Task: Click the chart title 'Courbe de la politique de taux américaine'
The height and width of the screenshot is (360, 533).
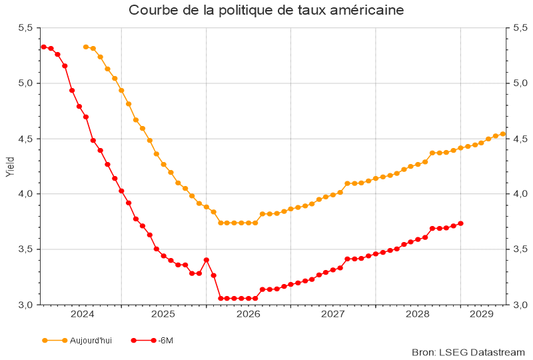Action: coord(266,11)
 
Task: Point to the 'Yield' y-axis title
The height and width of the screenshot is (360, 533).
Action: coord(9,166)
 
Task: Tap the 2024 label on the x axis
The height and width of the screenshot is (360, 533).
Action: coord(82,314)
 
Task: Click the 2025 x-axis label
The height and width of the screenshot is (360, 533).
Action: coord(163,314)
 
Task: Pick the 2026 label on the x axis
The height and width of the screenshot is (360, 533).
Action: coord(248,314)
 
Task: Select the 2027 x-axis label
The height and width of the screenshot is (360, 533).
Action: coord(332,314)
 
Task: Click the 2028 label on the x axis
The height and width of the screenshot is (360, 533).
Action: coord(418,314)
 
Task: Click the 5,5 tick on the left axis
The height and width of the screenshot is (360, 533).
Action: coord(25,28)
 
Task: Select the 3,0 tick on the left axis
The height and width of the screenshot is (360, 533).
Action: coord(25,305)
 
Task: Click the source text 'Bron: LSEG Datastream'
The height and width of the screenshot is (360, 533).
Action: coord(468,351)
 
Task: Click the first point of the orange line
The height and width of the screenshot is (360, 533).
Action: coord(85,47)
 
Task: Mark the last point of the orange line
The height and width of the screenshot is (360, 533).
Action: coord(502,134)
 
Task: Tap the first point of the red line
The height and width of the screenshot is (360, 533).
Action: coord(43,47)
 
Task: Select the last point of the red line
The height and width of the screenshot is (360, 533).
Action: coord(460,223)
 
